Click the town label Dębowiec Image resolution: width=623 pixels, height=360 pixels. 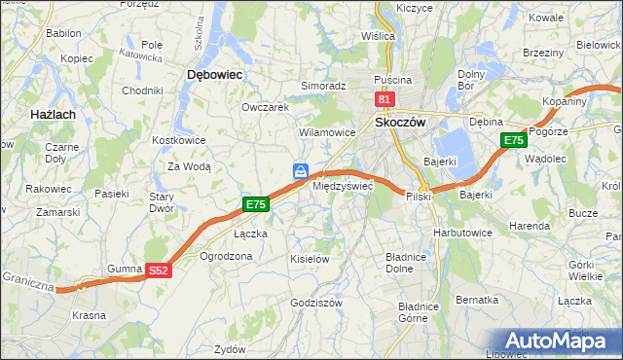(214, 74)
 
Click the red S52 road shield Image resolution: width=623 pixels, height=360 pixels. (160, 271)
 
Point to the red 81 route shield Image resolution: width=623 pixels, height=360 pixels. (384, 100)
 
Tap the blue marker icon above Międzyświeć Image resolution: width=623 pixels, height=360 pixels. (302, 171)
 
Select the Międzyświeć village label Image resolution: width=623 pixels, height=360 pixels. (342, 186)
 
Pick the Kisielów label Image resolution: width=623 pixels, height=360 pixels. (311, 259)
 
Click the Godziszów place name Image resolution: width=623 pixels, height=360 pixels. (315, 303)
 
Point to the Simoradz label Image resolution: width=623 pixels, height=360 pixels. (323, 86)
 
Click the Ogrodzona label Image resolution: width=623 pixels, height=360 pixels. (226, 256)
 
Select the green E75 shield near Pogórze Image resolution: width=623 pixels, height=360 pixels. (514, 141)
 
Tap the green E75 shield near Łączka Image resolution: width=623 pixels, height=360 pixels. (255, 204)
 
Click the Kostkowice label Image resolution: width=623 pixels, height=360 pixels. (176, 140)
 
